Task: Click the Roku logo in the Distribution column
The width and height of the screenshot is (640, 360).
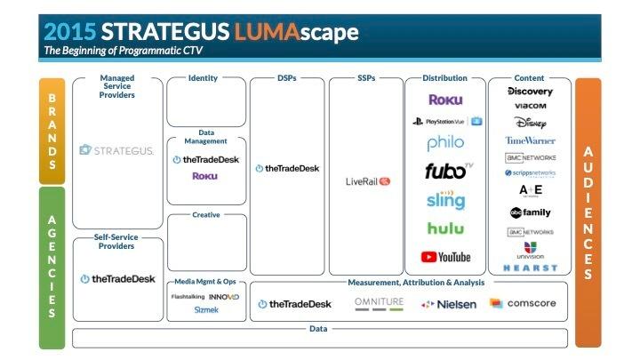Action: [x=445, y=100]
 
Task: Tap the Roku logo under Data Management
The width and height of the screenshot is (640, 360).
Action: [x=204, y=176]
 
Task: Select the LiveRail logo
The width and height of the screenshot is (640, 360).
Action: [x=368, y=181]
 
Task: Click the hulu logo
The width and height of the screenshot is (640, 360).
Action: [x=445, y=228]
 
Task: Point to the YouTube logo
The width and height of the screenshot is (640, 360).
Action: [x=445, y=257]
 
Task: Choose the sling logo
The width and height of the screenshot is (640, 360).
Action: [x=445, y=199]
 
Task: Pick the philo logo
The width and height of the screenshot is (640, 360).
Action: [x=445, y=143]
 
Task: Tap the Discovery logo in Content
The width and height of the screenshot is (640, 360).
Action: [x=530, y=92]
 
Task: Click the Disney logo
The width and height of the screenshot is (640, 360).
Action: [x=530, y=123]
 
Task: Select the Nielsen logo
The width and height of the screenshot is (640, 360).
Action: [x=449, y=304]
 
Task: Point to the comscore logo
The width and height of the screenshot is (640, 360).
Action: [x=523, y=304]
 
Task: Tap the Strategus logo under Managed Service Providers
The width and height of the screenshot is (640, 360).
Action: [x=116, y=149]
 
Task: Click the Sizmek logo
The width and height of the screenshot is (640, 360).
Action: [x=205, y=310]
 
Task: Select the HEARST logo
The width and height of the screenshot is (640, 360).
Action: [x=530, y=268]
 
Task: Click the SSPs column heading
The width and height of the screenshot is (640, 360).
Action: [x=366, y=78]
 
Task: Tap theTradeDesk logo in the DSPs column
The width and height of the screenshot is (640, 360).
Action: [x=286, y=168]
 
